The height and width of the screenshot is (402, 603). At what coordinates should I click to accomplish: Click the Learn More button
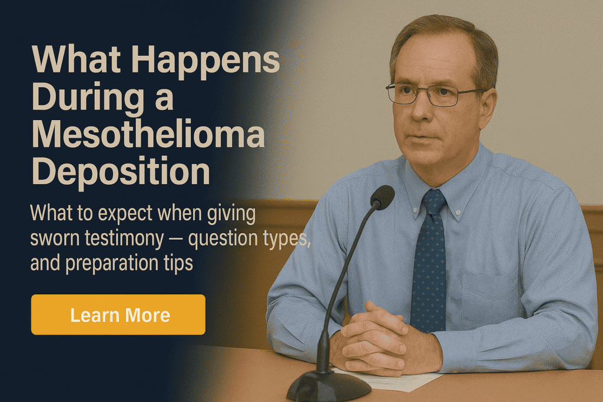(x=118, y=314)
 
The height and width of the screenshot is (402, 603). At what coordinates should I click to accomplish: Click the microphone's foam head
(x=382, y=197)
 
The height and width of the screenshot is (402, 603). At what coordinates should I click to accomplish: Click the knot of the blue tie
(x=433, y=202)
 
